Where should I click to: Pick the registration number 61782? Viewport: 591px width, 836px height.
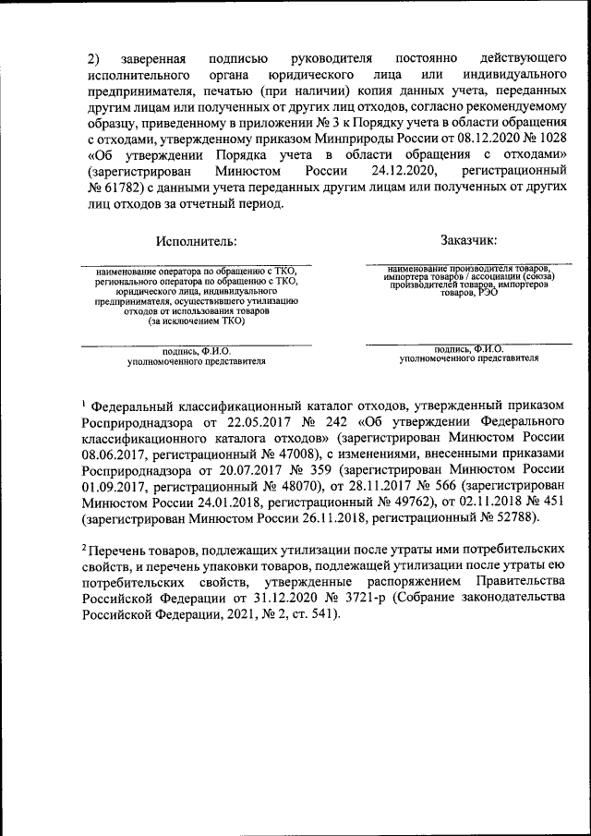point(122,188)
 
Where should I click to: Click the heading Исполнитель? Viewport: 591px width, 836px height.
point(197,241)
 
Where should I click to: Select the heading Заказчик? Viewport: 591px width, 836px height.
point(469,241)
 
